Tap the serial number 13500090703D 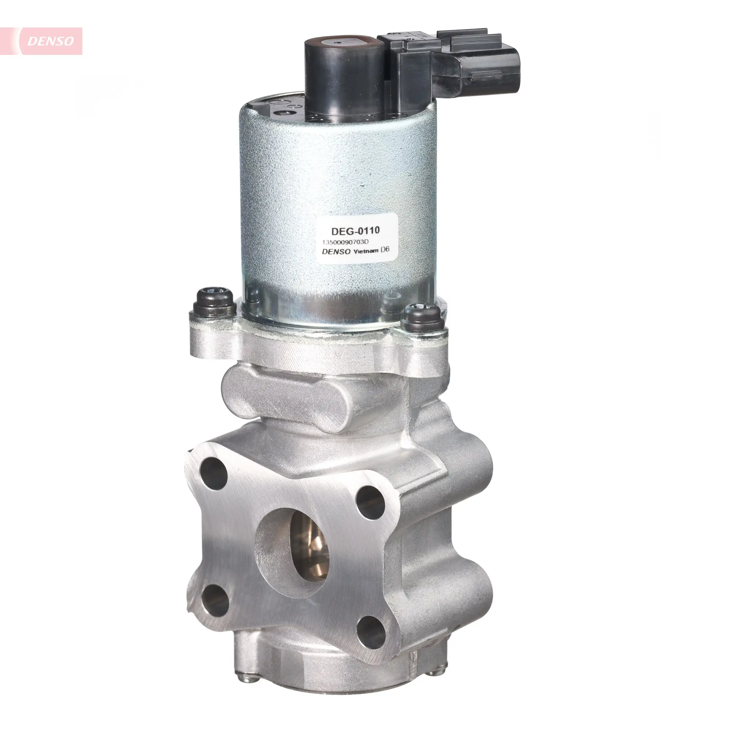(x=345, y=242)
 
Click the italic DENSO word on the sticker (x=336, y=251)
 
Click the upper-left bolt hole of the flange (x=213, y=473)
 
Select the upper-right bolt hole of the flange (x=370, y=503)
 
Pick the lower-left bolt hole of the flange (x=215, y=603)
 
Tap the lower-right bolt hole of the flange (x=370, y=632)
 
